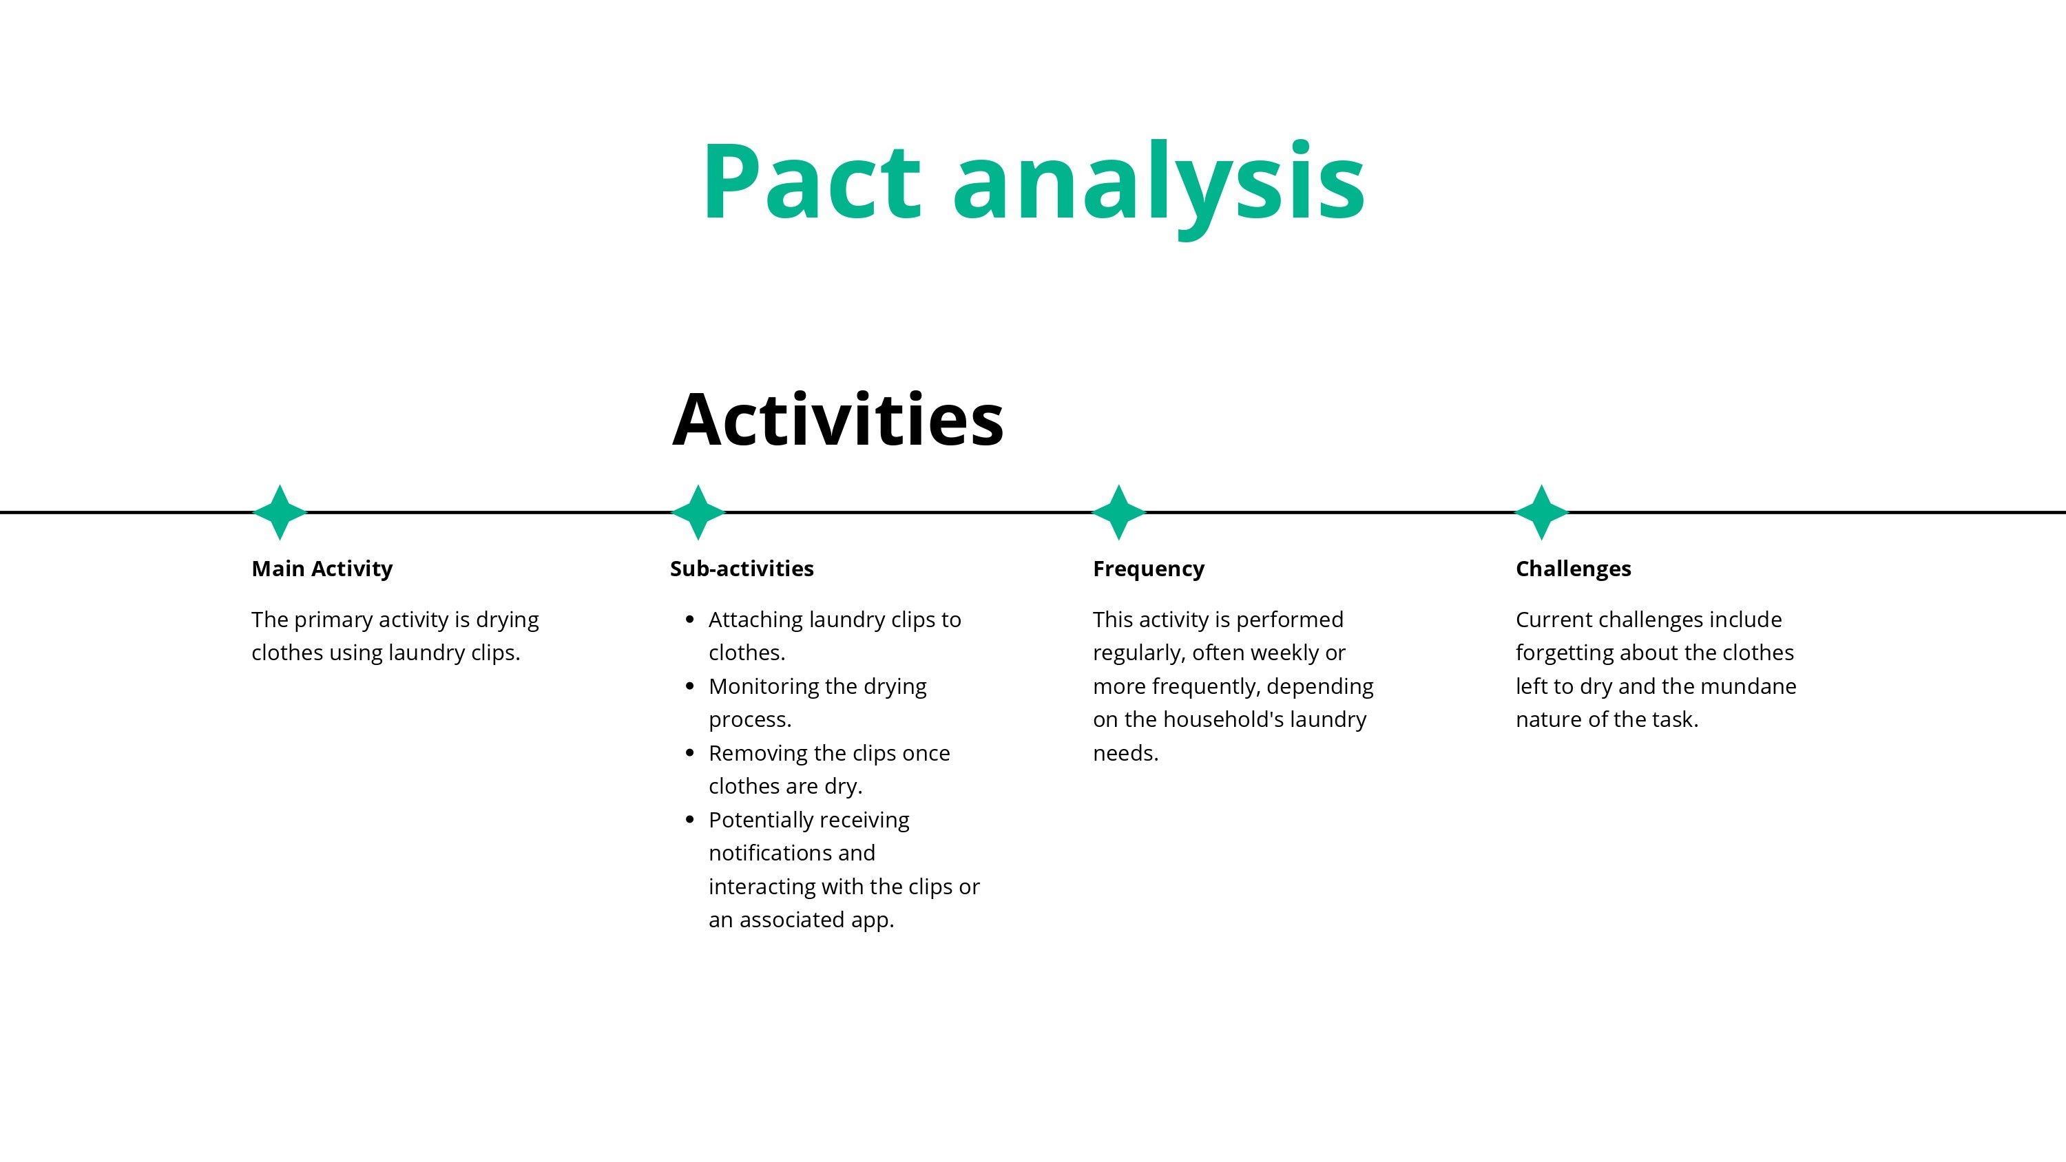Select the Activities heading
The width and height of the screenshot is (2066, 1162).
(x=837, y=419)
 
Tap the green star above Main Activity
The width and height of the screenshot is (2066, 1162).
(x=280, y=511)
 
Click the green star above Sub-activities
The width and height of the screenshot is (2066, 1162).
(x=698, y=511)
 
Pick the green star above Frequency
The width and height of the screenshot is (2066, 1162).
(x=1119, y=511)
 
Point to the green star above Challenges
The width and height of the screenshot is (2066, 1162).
(x=1541, y=511)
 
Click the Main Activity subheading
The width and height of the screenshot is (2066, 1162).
(x=322, y=569)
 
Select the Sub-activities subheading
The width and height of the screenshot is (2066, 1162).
(x=741, y=569)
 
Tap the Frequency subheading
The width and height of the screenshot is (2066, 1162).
(x=1148, y=569)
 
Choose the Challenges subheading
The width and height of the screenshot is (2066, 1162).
(x=1573, y=569)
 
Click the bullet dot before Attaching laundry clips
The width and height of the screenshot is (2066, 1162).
(x=690, y=619)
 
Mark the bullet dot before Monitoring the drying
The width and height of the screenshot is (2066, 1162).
(x=690, y=686)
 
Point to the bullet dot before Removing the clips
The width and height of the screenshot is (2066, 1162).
(x=690, y=753)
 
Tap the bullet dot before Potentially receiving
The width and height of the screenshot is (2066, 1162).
(x=690, y=820)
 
